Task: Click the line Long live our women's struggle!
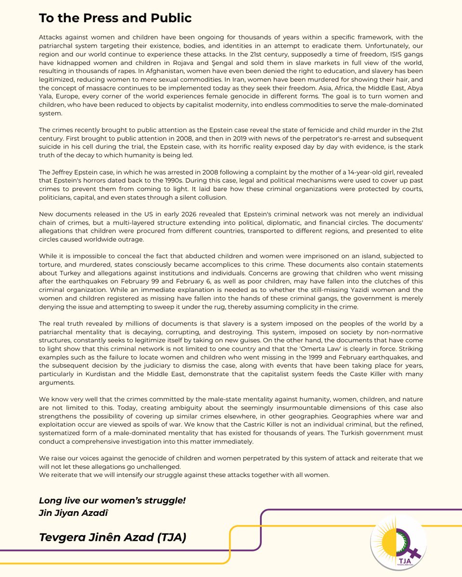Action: coord(112,501)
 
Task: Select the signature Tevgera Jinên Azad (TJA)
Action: coord(112,537)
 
